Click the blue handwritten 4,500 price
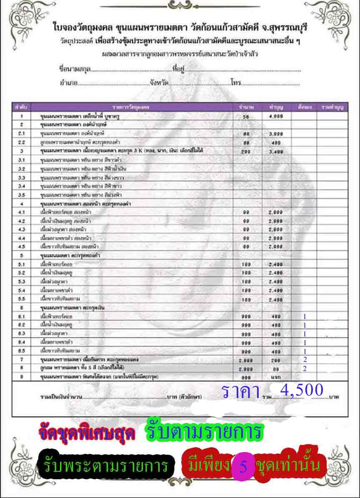[302, 390]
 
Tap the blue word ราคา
[241, 392]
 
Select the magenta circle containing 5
[244, 466]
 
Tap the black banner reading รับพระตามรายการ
[106, 466]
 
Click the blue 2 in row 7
[305, 359]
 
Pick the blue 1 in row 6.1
[305, 316]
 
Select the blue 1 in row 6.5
[305, 351]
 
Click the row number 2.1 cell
[22, 133]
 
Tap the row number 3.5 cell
[22, 195]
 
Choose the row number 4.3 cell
[22, 229]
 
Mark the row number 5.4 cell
[22, 290]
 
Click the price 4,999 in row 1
[276, 117]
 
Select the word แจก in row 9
[276, 377]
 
